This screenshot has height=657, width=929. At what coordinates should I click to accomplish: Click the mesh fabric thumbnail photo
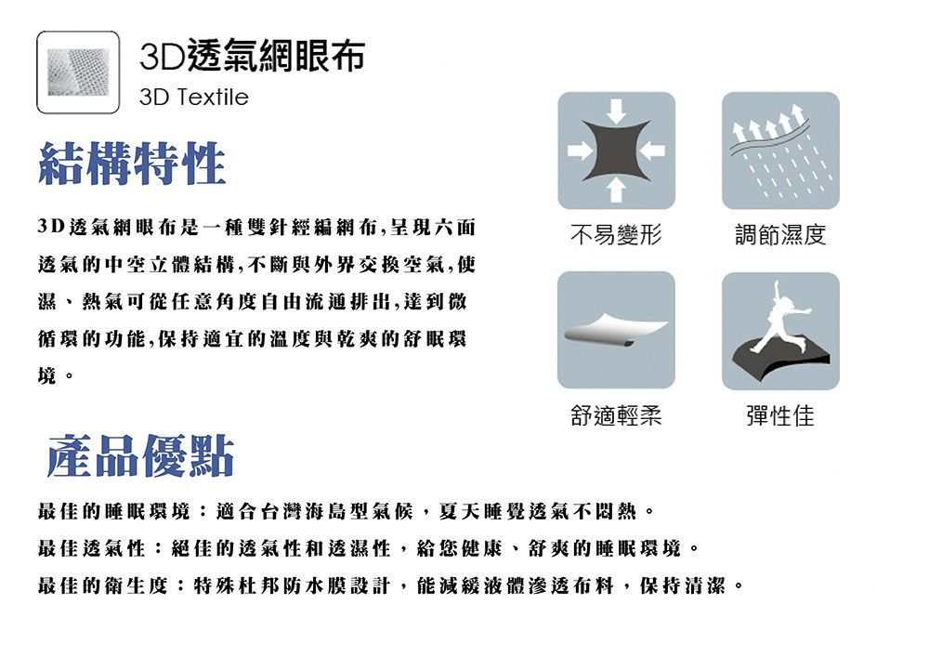point(78,72)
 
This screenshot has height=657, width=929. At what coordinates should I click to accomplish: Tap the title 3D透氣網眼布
point(253,56)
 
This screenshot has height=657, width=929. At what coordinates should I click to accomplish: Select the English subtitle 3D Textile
point(194,98)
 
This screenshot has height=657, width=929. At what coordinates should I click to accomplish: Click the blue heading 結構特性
point(132,164)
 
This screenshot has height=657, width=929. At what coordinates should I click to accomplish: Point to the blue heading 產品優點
point(140,455)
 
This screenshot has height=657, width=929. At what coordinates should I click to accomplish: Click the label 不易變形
point(616,234)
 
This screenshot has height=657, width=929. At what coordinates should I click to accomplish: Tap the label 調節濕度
point(780,234)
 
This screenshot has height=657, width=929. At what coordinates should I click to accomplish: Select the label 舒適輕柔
point(616,415)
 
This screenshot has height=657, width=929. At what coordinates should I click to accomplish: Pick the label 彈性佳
point(780,415)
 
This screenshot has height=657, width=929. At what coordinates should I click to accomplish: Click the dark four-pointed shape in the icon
point(616,151)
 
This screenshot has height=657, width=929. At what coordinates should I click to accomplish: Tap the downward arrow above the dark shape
point(616,111)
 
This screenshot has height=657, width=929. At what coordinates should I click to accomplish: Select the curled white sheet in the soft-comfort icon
point(615,329)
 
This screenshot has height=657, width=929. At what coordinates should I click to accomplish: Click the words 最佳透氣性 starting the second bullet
point(91,548)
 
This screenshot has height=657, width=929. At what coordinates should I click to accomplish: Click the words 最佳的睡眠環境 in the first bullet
point(113,511)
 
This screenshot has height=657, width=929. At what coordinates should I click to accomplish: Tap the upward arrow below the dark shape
point(616,191)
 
